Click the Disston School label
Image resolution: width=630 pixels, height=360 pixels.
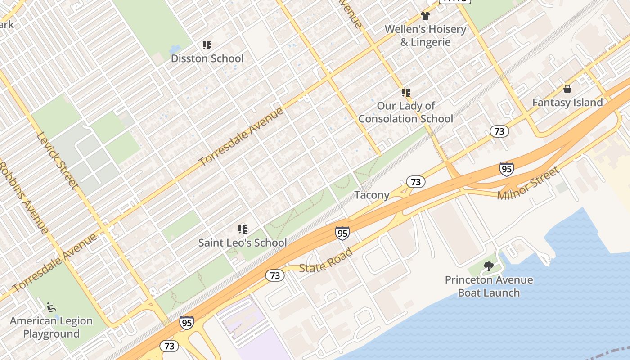click(207, 58)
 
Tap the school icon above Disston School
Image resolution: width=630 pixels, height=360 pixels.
click(207, 45)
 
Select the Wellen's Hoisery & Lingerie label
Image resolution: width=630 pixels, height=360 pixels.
click(425, 36)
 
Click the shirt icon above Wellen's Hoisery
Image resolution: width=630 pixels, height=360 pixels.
click(425, 16)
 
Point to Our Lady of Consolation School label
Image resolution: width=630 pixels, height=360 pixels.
click(406, 112)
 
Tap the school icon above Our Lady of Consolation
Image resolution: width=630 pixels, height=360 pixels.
click(406, 93)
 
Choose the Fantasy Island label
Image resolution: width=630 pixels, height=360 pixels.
click(567, 103)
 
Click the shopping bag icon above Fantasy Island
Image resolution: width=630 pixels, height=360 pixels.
click(567, 89)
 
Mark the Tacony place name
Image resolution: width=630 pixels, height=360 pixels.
click(372, 195)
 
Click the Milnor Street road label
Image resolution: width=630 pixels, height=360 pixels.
click(528, 184)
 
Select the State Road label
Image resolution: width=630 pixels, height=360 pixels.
click(326, 261)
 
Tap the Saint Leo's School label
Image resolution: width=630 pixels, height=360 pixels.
click(243, 243)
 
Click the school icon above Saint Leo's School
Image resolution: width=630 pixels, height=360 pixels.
click(243, 229)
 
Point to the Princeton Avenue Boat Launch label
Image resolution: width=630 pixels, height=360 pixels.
click(489, 286)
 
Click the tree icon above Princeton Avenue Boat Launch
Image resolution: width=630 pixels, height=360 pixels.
click(489, 266)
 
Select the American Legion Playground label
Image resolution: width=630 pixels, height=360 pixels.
click(51, 327)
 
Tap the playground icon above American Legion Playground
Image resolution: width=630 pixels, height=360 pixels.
click(51, 308)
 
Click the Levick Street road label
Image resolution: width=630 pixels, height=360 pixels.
click(57, 160)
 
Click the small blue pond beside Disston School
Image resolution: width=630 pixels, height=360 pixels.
click(175, 49)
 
